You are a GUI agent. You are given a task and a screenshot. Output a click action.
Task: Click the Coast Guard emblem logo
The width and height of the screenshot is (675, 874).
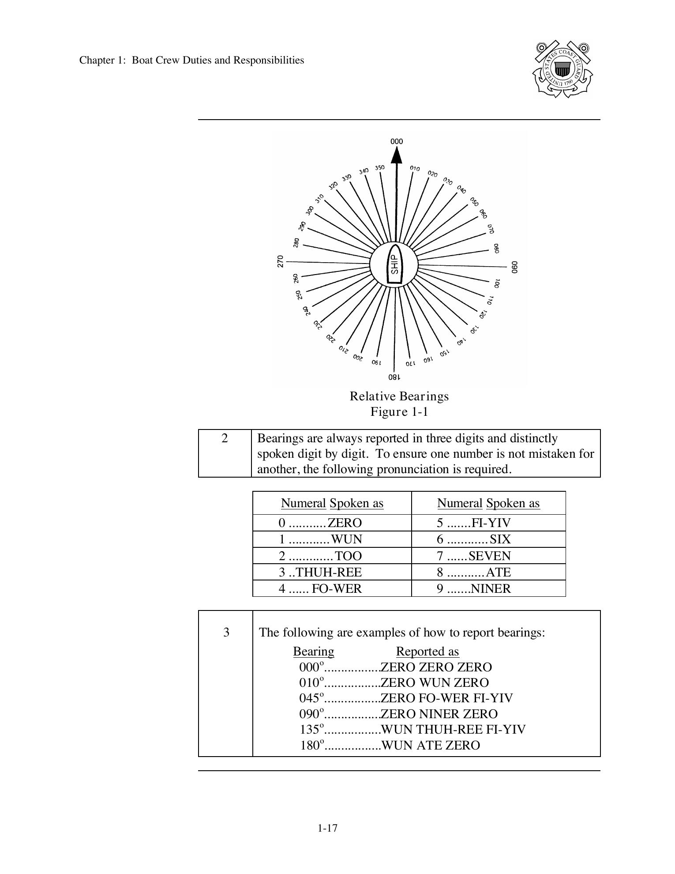tap(562, 69)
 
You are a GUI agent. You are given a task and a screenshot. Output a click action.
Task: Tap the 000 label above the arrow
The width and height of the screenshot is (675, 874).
tap(397, 142)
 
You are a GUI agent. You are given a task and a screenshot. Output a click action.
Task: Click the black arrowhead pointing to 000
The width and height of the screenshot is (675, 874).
tap(397, 155)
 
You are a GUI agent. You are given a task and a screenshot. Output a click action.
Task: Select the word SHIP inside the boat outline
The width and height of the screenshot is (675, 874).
tap(394, 265)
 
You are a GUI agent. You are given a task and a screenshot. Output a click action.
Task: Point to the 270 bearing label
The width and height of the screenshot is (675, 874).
tap(280, 261)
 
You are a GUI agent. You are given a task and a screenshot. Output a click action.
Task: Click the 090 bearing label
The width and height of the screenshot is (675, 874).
tap(514, 267)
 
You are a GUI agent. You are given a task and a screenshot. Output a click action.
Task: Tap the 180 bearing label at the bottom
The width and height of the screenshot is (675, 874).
tap(394, 377)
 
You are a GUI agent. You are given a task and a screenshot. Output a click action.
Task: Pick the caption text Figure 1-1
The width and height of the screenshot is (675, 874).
tap(399, 412)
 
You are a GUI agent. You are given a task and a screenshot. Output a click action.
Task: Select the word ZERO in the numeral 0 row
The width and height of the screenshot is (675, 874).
tap(345, 523)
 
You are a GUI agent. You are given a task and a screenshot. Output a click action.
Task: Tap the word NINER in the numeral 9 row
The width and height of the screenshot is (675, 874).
tap(491, 589)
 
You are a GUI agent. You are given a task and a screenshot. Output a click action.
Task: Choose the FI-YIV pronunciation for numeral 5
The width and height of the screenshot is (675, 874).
tap(491, 523)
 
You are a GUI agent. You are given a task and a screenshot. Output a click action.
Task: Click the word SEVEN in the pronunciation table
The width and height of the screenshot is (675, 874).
tap(490, 556)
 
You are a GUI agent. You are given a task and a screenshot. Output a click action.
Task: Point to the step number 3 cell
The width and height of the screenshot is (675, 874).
tap(226, 633)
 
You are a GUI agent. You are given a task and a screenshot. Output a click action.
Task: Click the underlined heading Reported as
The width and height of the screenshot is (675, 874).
tap(427, 652)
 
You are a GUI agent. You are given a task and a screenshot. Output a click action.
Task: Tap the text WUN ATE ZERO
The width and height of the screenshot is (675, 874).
tap(430, 746)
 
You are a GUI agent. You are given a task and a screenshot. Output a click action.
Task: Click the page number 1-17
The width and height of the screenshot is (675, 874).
tap(327, 828)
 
